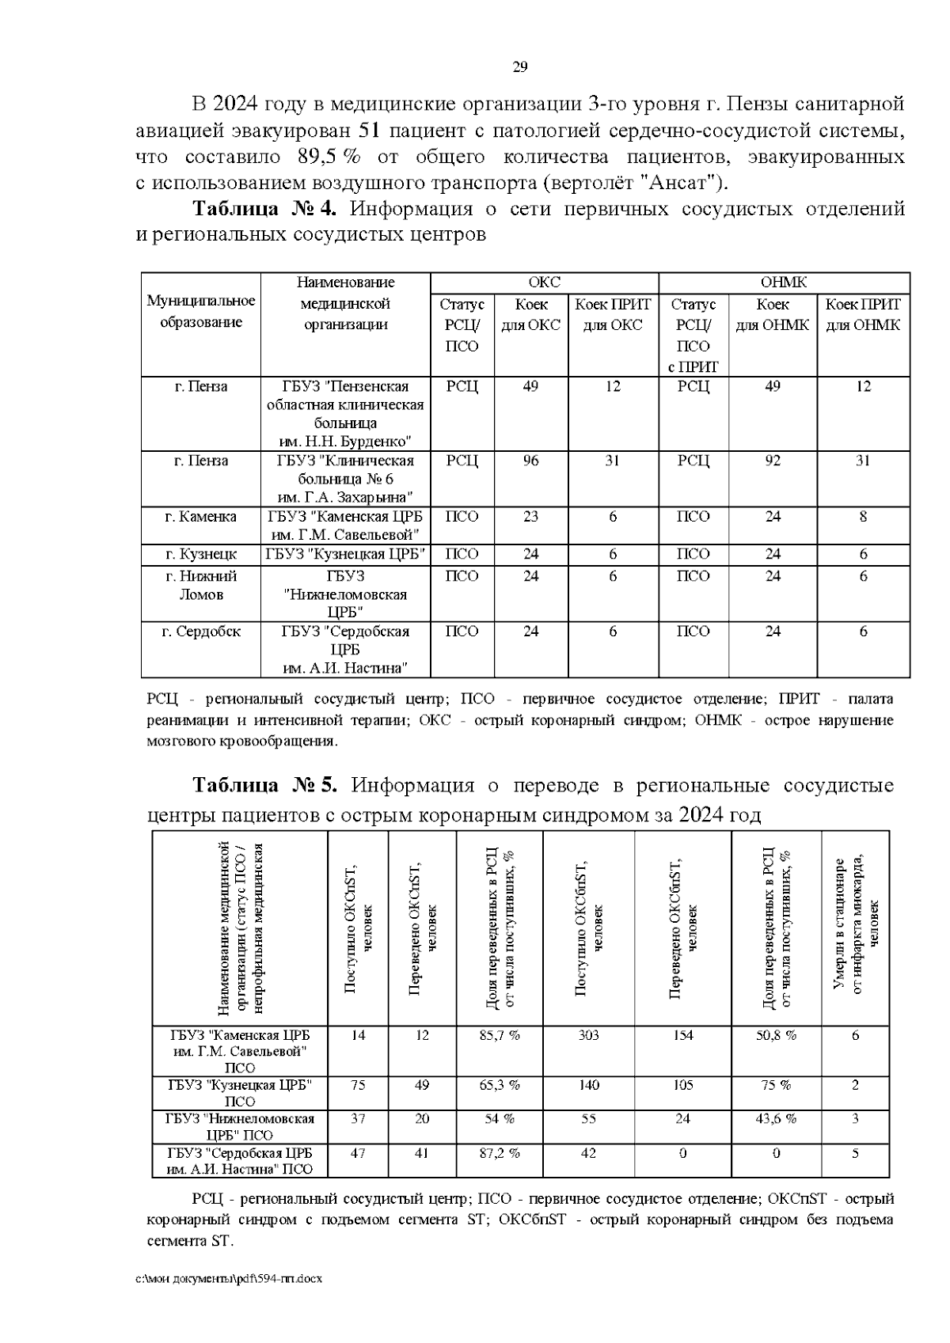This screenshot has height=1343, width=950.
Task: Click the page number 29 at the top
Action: click(x=520, y=66)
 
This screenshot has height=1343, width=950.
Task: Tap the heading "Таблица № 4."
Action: click(x=264, y=209)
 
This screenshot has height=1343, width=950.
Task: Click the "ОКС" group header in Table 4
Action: click(x=544, y=283)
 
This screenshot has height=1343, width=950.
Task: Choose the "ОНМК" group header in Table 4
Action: click(x=783, y=283)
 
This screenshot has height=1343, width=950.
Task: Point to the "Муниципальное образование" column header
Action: click(x=201, y=312)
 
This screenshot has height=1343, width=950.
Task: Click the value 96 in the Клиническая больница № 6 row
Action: click(x=530, y=461)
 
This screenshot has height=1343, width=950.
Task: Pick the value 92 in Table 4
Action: click(x=773, y=461)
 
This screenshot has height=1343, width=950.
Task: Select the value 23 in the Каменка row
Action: click(x=530, y=516)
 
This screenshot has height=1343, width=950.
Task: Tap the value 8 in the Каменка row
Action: click(x=863, y=516)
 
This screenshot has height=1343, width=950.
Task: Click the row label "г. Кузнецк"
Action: click(x=201, y=554)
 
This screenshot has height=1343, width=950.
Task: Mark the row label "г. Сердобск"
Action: click(x=201, y=632)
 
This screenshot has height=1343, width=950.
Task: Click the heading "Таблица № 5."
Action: click(x=266, y=785)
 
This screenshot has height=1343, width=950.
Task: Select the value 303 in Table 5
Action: click(x=588, y=1035)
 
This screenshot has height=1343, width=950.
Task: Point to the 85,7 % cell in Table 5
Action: click(x=500, y=1035)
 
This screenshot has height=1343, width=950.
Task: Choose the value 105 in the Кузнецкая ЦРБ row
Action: click(x=682, y=1085)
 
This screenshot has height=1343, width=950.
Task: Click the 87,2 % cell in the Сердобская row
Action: click(x=500, y=1153)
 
